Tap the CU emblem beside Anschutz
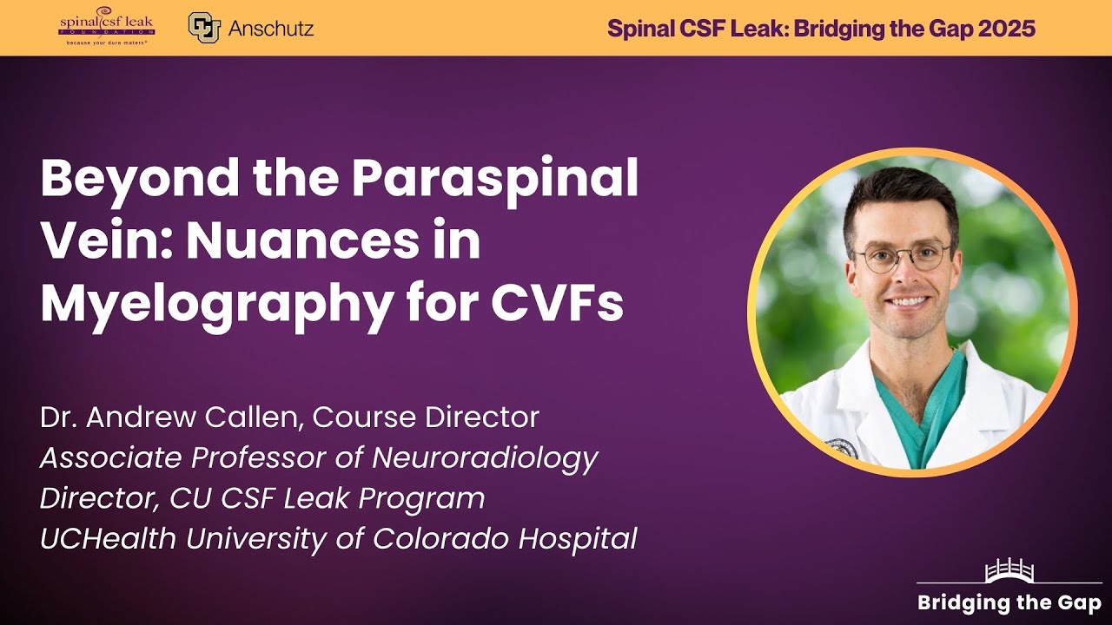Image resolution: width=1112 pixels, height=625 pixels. [203, 27]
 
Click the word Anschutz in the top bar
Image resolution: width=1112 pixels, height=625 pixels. [271, 28]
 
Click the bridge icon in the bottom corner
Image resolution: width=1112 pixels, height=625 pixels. [1008, 571]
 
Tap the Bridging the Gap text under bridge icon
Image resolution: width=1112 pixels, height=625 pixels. [1009, 602]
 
